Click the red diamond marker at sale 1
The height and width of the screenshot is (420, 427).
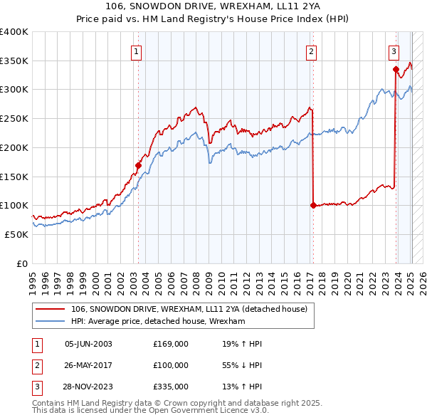(x=139, y=166)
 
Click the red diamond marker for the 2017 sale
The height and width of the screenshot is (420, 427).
(x=313, y=205)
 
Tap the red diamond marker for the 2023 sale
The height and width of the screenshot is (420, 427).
(x=395, y=69)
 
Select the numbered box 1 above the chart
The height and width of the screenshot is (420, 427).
(x=135, y=51)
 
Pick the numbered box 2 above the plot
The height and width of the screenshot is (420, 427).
(x=311, y=51)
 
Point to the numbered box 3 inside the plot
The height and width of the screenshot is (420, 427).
(x=393, y=51)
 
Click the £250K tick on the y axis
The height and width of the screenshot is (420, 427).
(x=14, y=118)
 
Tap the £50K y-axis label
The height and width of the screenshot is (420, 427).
(x=17, y=234)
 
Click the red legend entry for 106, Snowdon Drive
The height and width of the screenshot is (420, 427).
(x=189, y=309)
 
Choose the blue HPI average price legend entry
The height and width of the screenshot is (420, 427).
(x=158, y=322)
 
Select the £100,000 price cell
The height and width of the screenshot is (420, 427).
(x=171, y=365)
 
